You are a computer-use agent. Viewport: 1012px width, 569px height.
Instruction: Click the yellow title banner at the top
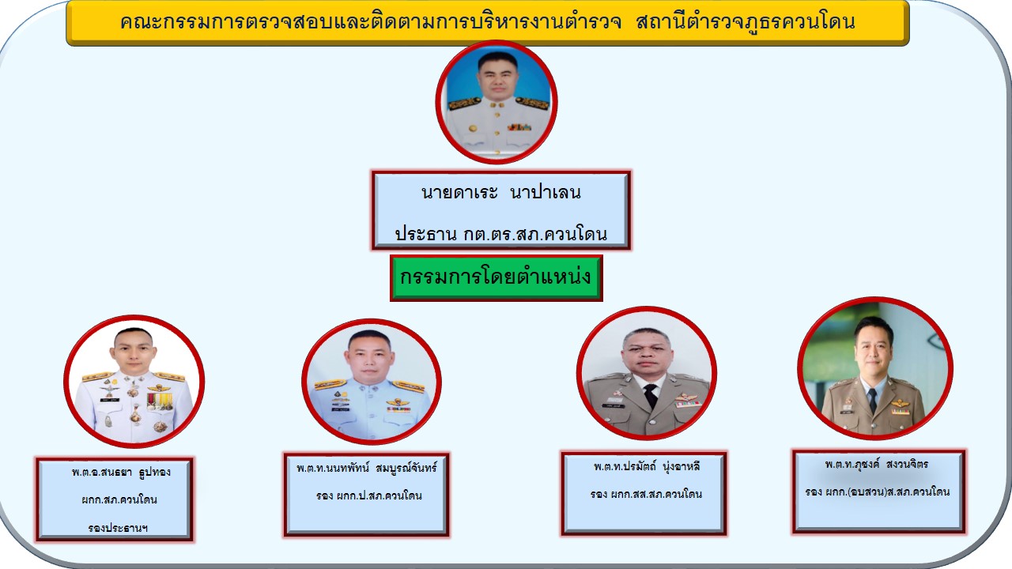tap(488, 23)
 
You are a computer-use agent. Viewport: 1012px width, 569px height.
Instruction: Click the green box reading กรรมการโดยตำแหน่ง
tap(496, 277)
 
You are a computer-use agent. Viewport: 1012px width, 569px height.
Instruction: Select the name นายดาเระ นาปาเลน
tap(501, 193)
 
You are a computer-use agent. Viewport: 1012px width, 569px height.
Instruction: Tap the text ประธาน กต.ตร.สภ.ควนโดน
tap(500, 234)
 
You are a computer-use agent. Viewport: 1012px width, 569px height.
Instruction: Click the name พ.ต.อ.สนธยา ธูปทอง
tap(121, 473)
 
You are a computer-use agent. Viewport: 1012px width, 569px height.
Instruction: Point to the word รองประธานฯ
tap(118, 527)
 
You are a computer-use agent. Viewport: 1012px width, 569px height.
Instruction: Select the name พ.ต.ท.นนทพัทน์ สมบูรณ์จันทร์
tap(366, 469)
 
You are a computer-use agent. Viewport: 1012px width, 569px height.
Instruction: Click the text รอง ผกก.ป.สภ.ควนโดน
tap(368, 496)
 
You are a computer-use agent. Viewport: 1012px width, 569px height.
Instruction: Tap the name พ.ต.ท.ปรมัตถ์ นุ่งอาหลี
tap(647, 466)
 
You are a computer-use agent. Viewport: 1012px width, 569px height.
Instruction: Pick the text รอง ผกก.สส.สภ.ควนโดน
tap(646, 494)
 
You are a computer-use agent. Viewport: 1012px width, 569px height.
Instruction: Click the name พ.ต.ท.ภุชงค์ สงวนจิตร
tap(876, 464)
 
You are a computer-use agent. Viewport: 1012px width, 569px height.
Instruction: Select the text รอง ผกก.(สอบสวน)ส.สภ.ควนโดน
tap(877, 492)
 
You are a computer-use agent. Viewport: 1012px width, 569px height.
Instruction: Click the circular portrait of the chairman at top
tap(496, 102)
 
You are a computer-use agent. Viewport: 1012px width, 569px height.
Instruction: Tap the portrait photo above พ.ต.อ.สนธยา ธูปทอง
tap(134, 382)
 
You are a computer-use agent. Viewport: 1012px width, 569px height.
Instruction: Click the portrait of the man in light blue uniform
tap(372, 382)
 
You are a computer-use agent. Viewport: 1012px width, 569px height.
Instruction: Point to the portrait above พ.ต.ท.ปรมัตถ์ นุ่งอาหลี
tap(647, 373)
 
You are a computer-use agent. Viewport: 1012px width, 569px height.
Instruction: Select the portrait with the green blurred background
tap(875, 368)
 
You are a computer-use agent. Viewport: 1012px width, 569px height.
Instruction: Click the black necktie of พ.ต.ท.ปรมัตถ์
tap(651, 396)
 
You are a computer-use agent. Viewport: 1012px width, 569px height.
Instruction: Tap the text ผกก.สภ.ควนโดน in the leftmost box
tap(119, 500)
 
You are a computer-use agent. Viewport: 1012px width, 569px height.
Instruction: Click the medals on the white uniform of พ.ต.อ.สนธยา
tap(160, 401)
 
